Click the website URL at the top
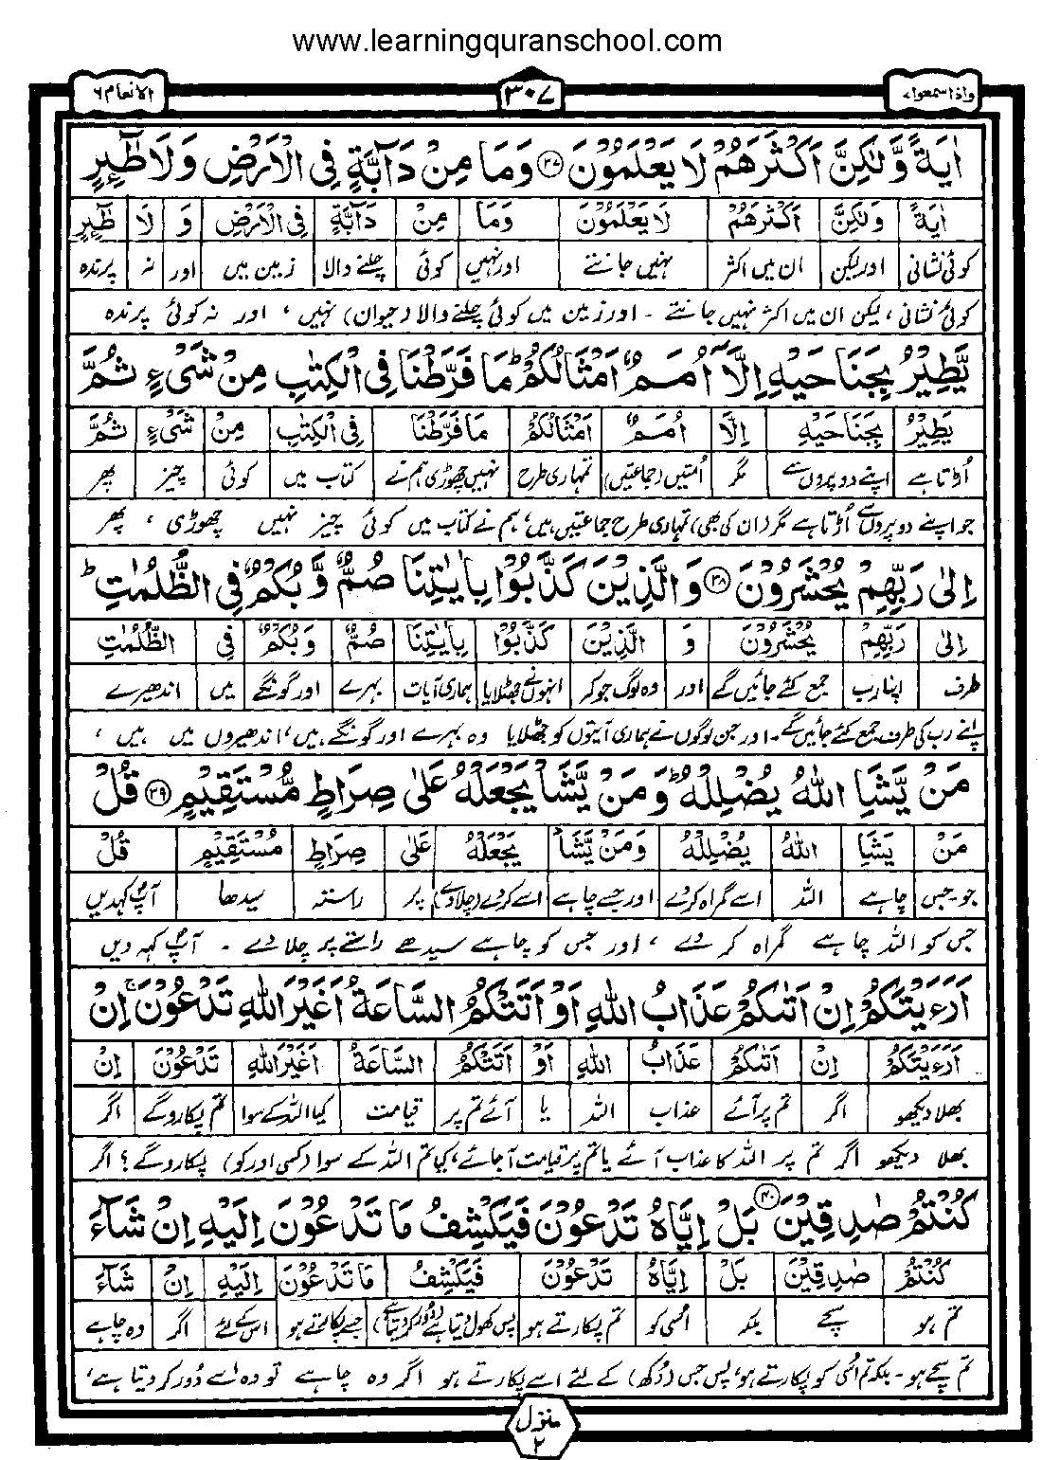tap(507, 42)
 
